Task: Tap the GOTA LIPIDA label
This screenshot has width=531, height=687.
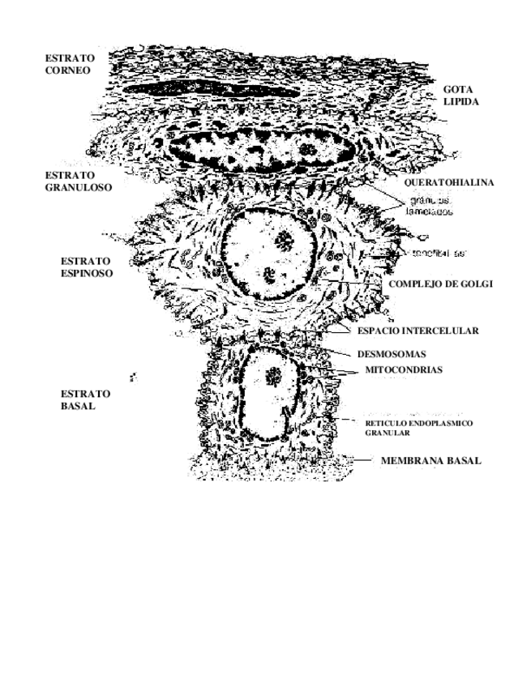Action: [460, 96]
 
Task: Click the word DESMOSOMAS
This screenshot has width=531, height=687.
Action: [392, 354]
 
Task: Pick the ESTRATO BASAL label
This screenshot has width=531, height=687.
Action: [85, 399]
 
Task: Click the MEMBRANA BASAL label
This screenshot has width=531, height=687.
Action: [430, 461]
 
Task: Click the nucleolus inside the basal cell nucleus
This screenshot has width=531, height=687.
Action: [272, 375]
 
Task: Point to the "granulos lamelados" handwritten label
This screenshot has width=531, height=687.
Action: [429, 203]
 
